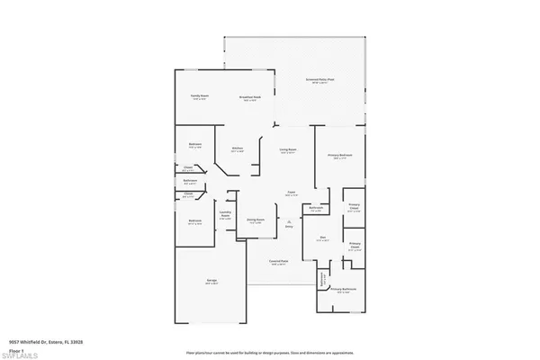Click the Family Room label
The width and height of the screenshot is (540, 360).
click(x=199, y=95)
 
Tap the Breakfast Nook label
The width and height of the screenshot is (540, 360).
click(x=249, y=96)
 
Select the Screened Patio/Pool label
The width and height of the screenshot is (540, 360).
click(x=320, y=80)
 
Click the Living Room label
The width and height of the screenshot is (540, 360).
click(x=288, y=149)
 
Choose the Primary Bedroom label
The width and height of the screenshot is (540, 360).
click(x=339, y=156)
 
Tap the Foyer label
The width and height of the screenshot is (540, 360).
click(x=292, y=193)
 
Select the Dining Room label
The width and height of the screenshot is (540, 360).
click(x=256, y=219)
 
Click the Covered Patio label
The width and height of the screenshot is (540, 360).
click(x=279, y=262)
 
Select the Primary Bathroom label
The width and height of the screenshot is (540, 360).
click(x=344, y=289)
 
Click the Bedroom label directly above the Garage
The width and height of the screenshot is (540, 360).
click(x=195, y=220)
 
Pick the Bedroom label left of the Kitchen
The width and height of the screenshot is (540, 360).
click(x=195, y=145)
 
